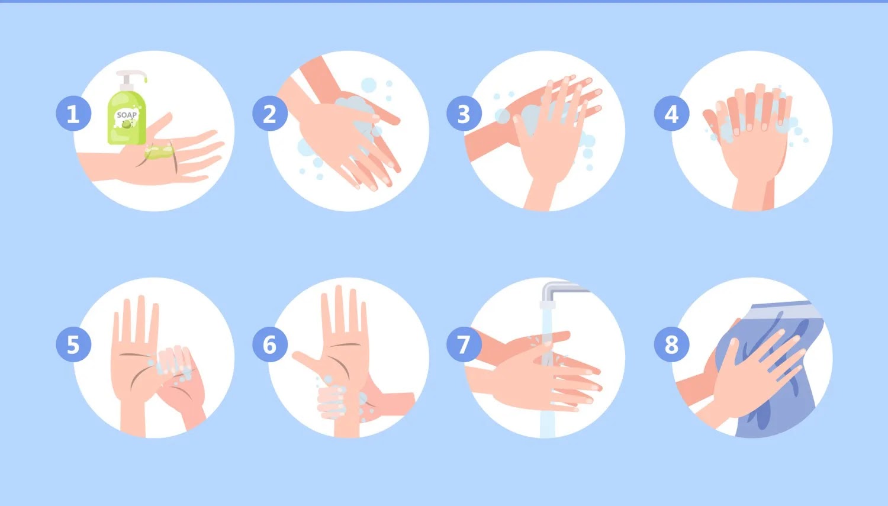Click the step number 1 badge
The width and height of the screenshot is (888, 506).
coord(73,113)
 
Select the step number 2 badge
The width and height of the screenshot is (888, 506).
coord(270,113)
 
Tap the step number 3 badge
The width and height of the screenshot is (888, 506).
coord(464,113)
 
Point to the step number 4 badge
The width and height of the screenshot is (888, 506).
coord(671,113)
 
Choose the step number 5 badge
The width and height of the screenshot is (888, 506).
coord(73,344)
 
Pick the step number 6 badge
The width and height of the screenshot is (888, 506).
coord(270,344)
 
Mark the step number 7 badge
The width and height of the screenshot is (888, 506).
coord(464,344)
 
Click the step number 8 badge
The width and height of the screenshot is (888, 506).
coord(671,344)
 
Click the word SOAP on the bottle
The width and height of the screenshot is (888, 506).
coord(127,115)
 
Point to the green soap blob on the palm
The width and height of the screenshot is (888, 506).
coord(159,152)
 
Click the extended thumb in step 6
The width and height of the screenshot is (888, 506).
coord(307,360)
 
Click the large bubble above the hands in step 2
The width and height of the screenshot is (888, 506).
coord(369,85)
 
